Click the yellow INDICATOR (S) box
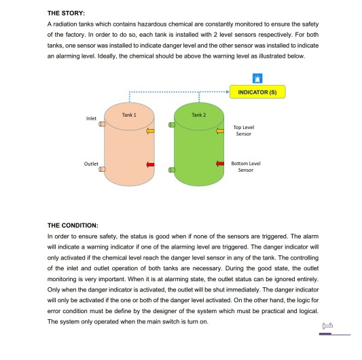[257, 92]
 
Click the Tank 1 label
[129, 115]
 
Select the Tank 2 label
[199, 115]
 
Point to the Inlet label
[91, 118]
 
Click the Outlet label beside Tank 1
[91, 163]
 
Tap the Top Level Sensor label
[243, 130]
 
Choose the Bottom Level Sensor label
[245, 166]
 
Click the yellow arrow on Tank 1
[151, 130]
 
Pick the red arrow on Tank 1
[151, 164]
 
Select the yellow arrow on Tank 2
[220, 130]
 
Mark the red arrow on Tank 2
[220, 164]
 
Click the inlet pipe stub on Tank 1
[102, 124]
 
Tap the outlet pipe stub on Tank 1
[102, 170]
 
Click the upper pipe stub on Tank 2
[172, 124]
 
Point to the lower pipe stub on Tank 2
[172, 170]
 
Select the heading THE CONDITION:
[73, 225]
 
